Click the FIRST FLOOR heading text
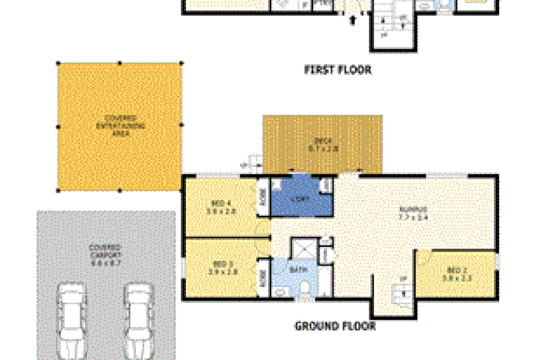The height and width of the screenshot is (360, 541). point(338,71)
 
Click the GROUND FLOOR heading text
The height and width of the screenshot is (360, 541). point(334,326)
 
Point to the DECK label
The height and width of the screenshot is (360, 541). point(322,144)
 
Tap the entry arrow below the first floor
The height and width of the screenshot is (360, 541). point(352,21)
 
